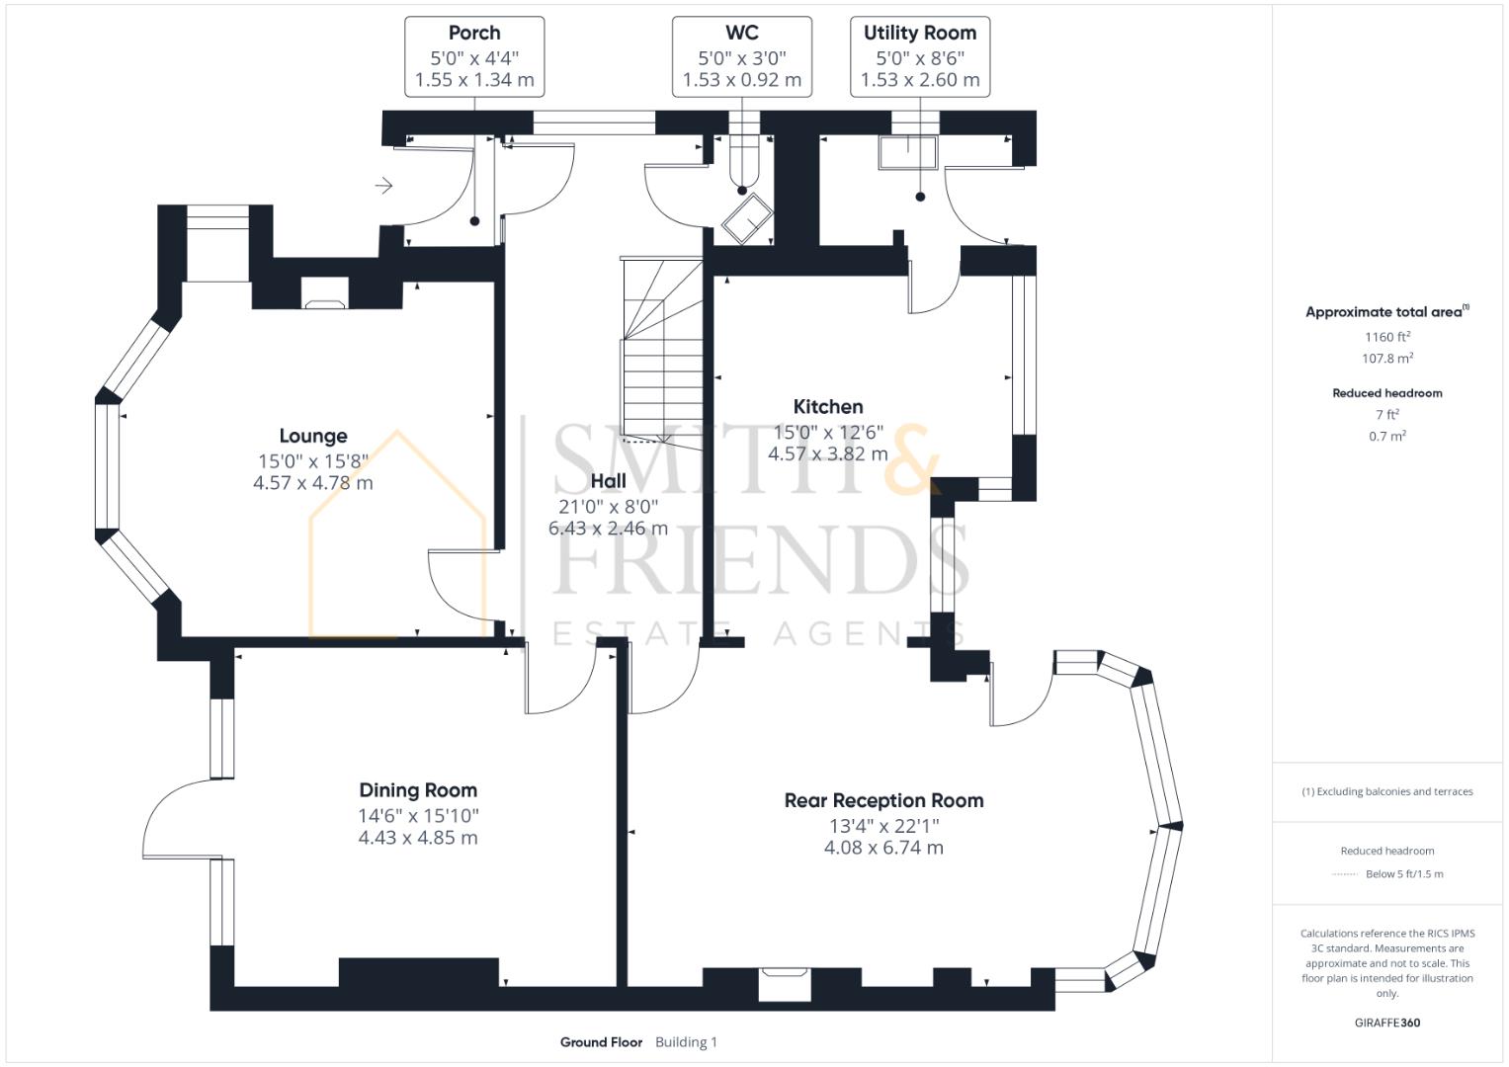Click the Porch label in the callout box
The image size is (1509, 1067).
coord(474,33)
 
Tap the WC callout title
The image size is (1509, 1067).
coord(741,33)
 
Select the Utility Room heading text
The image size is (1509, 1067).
coord(919,33)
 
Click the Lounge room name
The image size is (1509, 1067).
coord(313,436)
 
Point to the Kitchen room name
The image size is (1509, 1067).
coord(828,406)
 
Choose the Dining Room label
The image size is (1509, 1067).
coord(418,790)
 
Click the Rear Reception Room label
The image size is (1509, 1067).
coord(883,800)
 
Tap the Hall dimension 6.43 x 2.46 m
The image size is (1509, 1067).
coord(608,529)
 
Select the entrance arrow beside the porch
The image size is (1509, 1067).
coord(384,186)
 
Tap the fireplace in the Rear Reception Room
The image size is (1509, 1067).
coord(785,984)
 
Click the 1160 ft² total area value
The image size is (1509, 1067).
coord(1386,337)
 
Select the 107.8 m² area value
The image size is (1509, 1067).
coord(1386,359)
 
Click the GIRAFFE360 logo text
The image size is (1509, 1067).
coord(1386,1023)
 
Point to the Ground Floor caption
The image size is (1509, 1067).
coord(601,1042)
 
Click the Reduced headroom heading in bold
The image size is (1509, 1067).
coord(1386,393)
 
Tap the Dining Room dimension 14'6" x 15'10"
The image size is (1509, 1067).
coord(418,816)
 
